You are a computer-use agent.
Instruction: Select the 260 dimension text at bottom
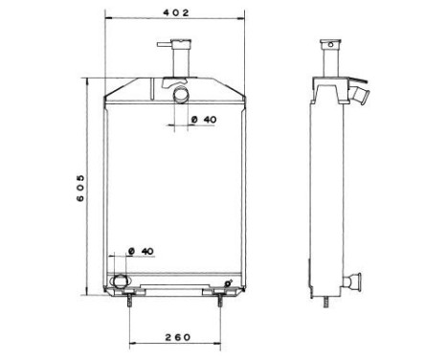pyautogui.click(x=176, y=337)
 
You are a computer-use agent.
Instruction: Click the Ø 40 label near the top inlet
pyautogui.click(x=203, y=120)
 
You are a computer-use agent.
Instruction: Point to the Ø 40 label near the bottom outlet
pyautogui.click(x=142, y=251)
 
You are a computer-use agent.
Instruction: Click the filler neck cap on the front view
pyautogui.click(x=179, y=42)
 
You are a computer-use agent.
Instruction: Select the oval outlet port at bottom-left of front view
pyautogui.click(x=120, y=281)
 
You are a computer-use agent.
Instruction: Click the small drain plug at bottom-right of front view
pyautogui.click(x=227, y=282)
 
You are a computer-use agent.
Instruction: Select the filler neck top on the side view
pyautogui.click(x=329, y=43)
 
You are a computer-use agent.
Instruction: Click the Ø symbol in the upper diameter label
pyautogui.click(x=193, y=120)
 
